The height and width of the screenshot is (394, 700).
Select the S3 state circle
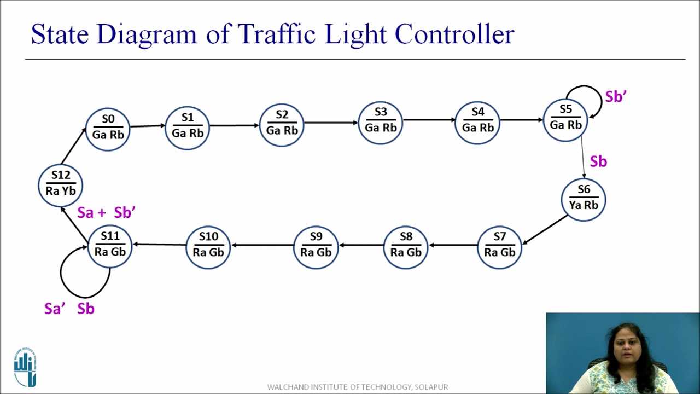380,122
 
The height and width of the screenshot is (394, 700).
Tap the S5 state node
565,119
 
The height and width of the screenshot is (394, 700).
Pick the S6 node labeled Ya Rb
584,199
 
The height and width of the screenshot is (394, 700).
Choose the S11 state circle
110,245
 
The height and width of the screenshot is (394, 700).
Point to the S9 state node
316,246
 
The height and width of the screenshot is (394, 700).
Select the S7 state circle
500,246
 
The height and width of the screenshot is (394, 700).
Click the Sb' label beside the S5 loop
615,97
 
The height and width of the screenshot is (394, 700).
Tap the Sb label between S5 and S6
598,162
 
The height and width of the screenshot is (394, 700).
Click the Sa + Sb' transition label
106,213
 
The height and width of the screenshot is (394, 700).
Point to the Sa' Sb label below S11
69,309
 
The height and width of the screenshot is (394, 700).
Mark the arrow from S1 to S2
234,125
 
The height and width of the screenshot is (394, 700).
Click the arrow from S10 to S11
159,245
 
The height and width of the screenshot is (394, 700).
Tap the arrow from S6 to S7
545,229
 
